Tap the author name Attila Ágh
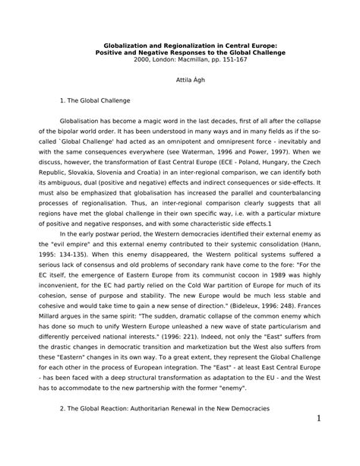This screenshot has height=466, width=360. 181,80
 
